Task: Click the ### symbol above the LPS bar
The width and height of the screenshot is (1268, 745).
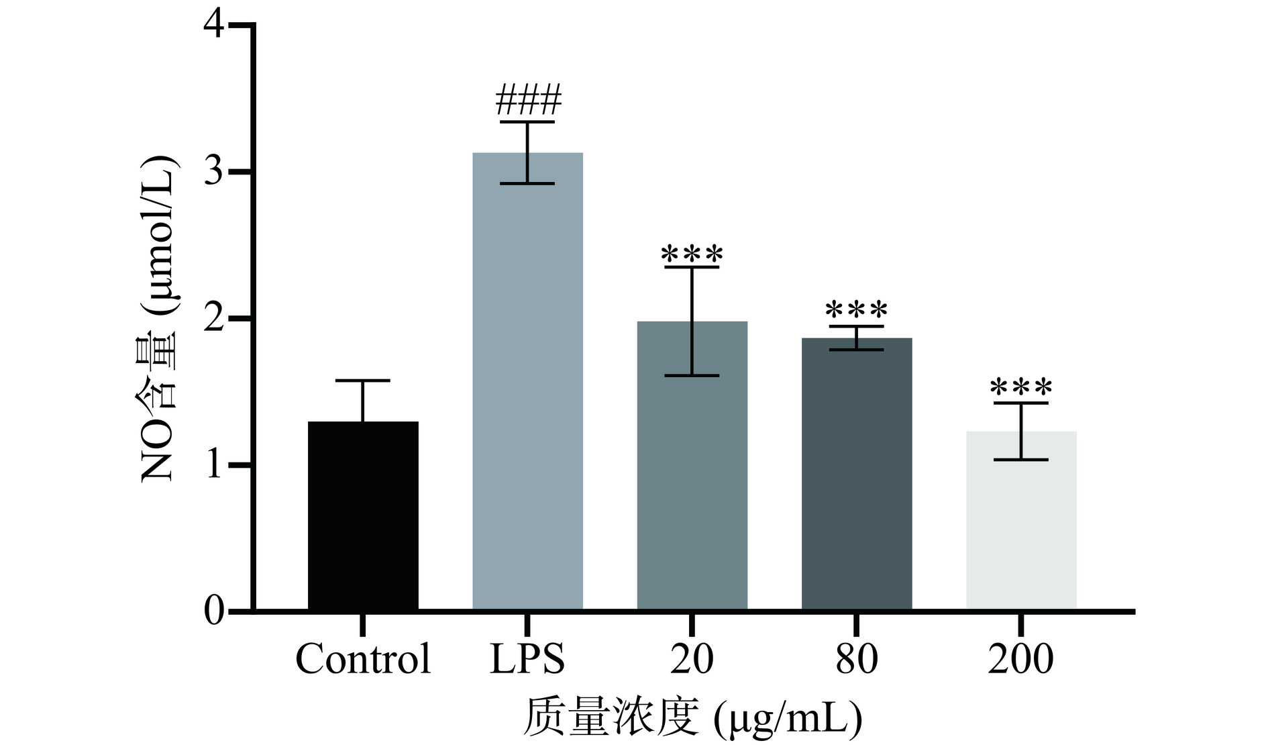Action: pyautogui.click(x=528, y=101)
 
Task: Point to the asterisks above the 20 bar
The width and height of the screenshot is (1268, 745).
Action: pyautogui.click(x=692, y=255)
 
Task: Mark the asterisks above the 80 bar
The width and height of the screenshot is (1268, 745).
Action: pyautogui.click(x=857, y=311)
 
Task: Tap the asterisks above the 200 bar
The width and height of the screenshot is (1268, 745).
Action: pyautogui.click(x=1021, y=388)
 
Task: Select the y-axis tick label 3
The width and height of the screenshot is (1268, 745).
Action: pyautogui.click(x=215, y=172)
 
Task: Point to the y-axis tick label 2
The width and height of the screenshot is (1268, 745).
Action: pyautogui.click(x=215, y=319)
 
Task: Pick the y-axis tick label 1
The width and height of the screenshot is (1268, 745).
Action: pyautogui.click(x=215, y=465)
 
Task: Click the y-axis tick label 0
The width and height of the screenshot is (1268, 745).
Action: pyautogui.click(x=215, y=611)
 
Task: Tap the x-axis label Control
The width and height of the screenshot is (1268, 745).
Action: pyautogui.click(x=363, y=659)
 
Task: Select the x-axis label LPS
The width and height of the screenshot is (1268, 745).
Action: pyautogui.click(x=527, y=659)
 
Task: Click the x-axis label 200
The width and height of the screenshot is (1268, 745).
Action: pyautogui.click(x=1021, y=659)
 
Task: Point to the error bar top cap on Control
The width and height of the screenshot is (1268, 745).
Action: pyautogui.click(x=363, y=381)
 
